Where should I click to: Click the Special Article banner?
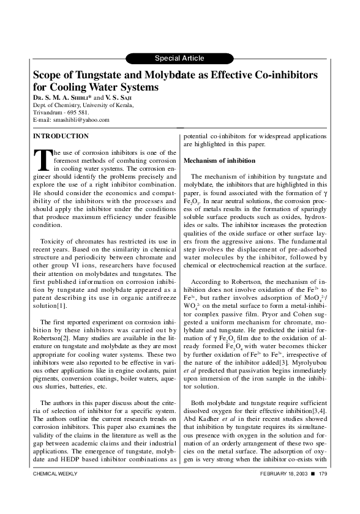click(x=179, y=58)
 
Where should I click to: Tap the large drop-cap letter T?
click(x=40, y=158)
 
